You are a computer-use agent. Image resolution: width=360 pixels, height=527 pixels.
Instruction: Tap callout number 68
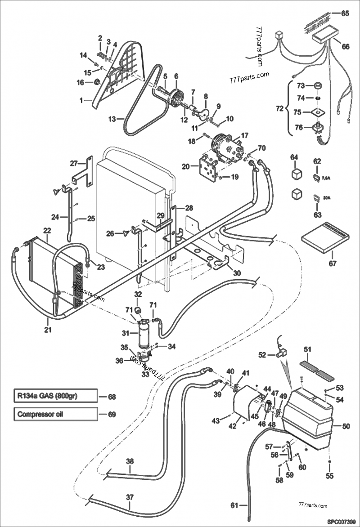[112, 397]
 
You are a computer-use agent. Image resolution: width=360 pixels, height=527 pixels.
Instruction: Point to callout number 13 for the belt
[112, 119]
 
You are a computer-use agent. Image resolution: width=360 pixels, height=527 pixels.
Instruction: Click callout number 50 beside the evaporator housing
[346, 425]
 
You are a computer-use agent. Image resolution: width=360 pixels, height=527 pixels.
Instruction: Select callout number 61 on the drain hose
[234, 505]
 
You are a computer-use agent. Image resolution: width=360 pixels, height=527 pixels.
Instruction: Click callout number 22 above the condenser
[47, 230]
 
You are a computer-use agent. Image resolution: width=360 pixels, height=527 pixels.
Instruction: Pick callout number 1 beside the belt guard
[82, 101]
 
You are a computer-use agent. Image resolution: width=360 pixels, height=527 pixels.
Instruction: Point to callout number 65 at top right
[345, 13]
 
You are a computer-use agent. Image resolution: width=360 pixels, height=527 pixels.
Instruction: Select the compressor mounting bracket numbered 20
[207, 170]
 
